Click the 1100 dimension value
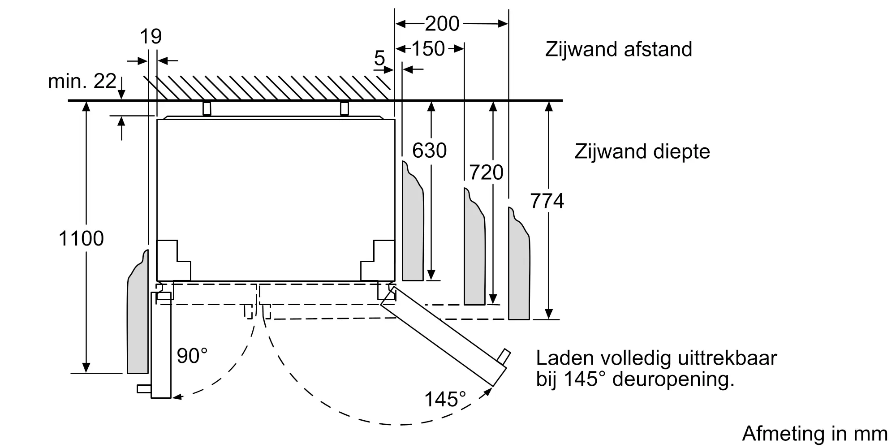point(81,238)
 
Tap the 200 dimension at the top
point(442,23)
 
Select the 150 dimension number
point(428,48)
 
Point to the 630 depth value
point(429,151)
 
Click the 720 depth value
point(486,172)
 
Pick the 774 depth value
point(547,201)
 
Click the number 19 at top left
point(151,36)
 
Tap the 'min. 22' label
point(82,81)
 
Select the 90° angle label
point(192,356)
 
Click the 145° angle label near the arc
point(445,399)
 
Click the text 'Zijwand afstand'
point(619,49)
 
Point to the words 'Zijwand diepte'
point(642,152)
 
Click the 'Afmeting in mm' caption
point(815,434)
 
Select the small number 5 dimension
point(379,58)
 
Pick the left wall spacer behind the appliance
point(207,108)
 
